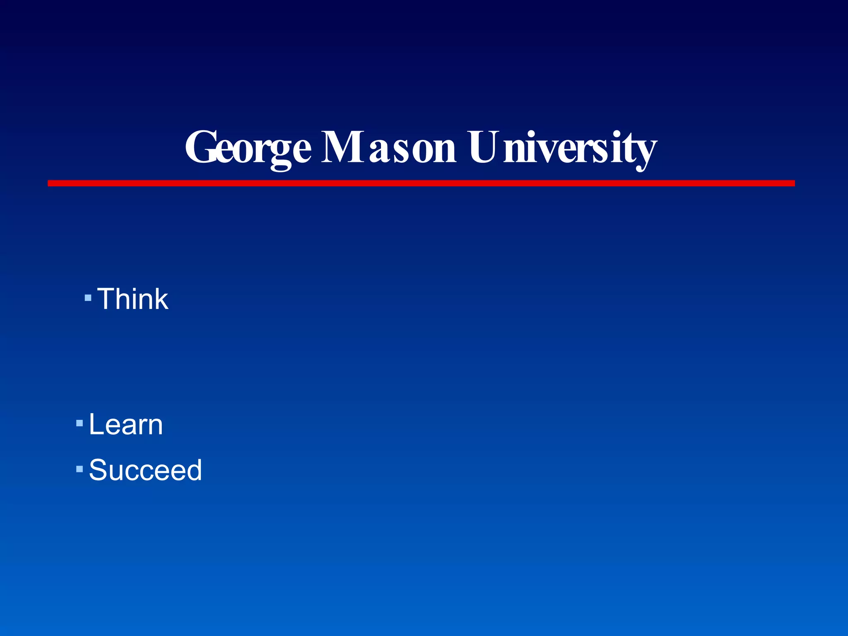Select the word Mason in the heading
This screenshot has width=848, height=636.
389,147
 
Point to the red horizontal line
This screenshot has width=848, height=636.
421,183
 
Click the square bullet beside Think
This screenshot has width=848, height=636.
88,298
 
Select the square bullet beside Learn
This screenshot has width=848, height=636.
79,424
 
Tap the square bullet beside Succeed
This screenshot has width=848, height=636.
79,469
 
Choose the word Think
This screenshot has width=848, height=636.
133,299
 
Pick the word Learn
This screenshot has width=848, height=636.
126,424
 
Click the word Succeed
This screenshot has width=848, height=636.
145,470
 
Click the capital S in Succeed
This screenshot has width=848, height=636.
99,470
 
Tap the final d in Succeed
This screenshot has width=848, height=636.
193,470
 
